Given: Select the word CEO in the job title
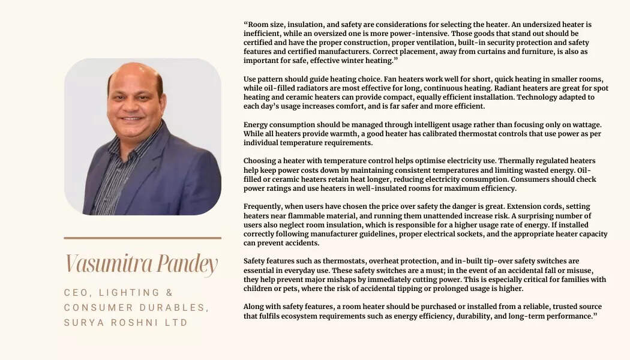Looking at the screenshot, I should [76, 293].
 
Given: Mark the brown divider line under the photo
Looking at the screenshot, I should [142, 238].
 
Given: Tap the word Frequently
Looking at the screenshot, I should [265, 206].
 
